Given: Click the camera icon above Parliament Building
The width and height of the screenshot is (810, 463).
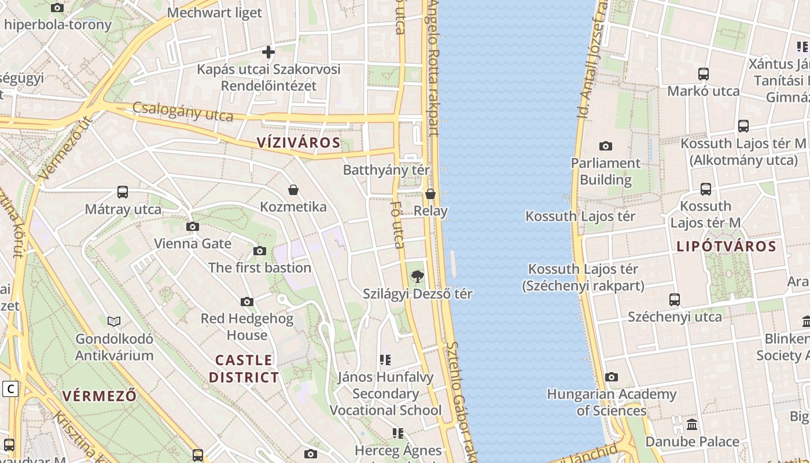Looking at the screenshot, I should (x=606, y=146).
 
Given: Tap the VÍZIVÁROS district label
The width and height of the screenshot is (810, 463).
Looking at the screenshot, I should (x=298, y=142).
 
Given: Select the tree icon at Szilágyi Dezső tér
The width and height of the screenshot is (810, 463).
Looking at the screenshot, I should (x=417, y=277).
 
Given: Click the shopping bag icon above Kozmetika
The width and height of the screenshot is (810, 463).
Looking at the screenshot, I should (x=293, y=190).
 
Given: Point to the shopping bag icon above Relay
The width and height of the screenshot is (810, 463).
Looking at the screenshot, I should (x=430, y=194).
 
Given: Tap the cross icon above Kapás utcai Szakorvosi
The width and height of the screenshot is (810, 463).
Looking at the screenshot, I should (x=268, y=52).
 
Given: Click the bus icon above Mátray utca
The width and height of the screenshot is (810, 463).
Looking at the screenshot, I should (x=123, y=192).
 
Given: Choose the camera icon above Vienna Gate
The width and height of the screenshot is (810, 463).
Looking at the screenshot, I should (x=193, y=226).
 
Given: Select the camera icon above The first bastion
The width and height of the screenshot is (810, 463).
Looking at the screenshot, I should (x=260, y=251).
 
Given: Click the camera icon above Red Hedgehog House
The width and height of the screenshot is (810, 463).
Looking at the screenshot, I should (x=247, y=302).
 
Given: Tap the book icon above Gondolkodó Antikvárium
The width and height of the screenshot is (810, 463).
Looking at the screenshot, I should (x=114, y=321).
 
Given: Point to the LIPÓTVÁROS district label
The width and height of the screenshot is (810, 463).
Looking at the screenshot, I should (x=726, y=246).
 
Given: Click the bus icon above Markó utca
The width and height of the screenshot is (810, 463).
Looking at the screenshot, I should (x=704, y=74).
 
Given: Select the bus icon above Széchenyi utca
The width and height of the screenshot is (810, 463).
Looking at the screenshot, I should (x=675, y=300).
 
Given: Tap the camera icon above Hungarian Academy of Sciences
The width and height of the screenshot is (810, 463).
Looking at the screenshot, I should (x=612, y=377).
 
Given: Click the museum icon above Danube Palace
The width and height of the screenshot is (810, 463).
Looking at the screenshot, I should (x=692, y=425).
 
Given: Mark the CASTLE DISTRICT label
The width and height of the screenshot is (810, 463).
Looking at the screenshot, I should (x=244, y=369).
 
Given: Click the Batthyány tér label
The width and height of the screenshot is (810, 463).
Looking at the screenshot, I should (x=386, y=170).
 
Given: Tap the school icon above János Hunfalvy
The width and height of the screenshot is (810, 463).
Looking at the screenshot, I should (x=385, y=360).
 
